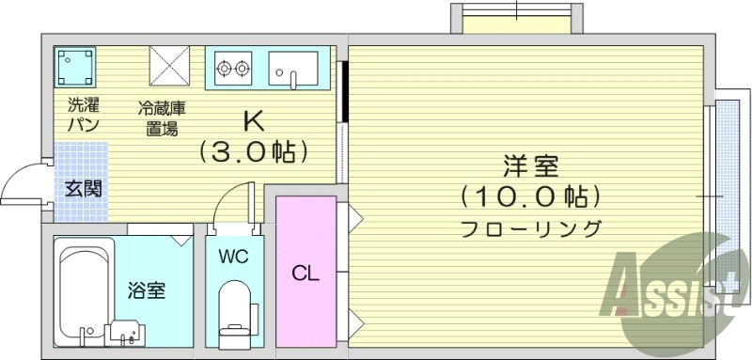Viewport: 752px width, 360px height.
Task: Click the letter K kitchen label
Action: (x=253, y=121)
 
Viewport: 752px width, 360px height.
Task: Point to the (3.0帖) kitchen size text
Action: (x=253, y=150)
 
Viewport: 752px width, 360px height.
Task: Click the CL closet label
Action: (x=305, y=274)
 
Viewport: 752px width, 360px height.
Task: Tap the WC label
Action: (x=233, y=256)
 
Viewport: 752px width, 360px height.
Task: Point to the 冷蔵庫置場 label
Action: (x=162, y=119)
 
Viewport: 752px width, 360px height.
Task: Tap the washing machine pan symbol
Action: (x=75, y=67)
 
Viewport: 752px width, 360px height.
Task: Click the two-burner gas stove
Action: (x=234, y=67)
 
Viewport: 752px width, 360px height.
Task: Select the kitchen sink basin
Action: (x=292, y=67)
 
